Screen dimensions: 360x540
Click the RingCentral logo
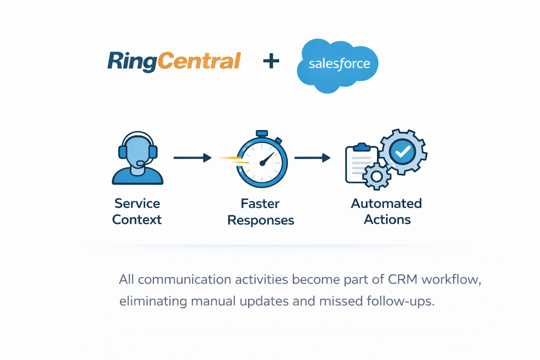(x=173, y=61)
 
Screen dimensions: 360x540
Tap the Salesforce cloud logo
(x=339, y=65)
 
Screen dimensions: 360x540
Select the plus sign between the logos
(x=271, y=61)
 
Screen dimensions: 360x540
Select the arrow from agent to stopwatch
(x=192, y=158)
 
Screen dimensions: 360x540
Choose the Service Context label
(x=137, y=212)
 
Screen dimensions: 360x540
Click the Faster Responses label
(x=261, y=212)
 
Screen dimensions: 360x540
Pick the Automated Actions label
(x=387, y=212)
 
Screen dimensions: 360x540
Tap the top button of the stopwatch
(x=262, y=133)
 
